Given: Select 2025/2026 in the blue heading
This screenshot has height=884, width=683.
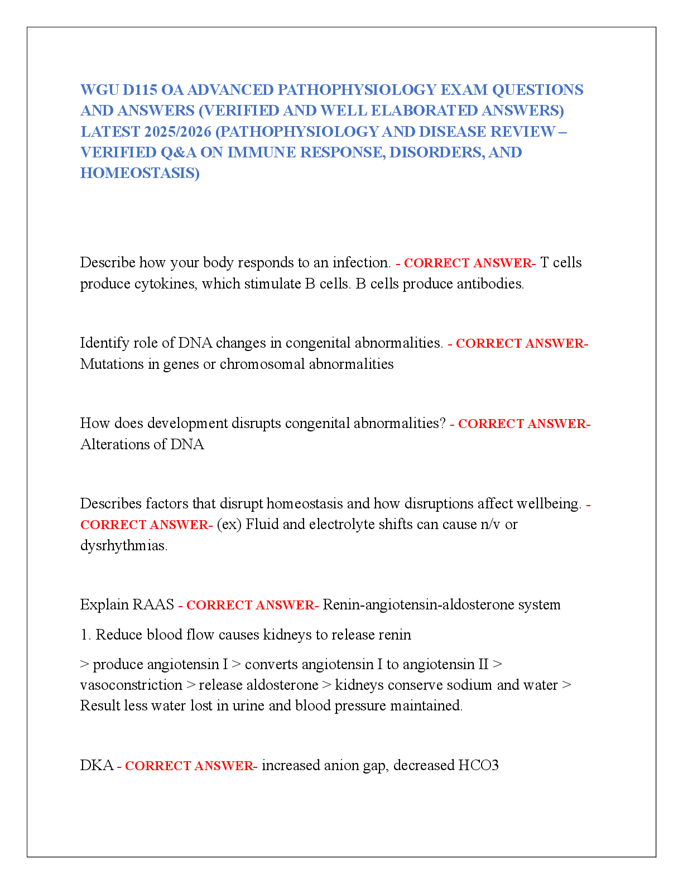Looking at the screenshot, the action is click(x=178, y=132).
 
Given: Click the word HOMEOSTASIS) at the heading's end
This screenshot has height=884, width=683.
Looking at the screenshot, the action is click(x=140, y=174).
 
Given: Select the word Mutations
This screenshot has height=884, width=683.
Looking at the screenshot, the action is click(x=112, y=364).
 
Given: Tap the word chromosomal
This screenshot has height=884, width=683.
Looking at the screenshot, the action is click(x=262, y=364).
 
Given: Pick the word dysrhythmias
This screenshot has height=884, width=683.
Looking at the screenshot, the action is click(x=124, y=546).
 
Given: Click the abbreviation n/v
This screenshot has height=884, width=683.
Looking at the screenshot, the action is click(x=490, y=525).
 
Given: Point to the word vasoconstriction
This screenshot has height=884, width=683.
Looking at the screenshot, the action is click(x=131, y=685).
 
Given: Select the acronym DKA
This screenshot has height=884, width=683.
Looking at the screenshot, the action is click(x=97, y=765).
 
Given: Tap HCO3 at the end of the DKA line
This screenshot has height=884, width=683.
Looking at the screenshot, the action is click(x=478, y=765).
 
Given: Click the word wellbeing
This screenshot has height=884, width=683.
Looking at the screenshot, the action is click(x=549, y=504).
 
